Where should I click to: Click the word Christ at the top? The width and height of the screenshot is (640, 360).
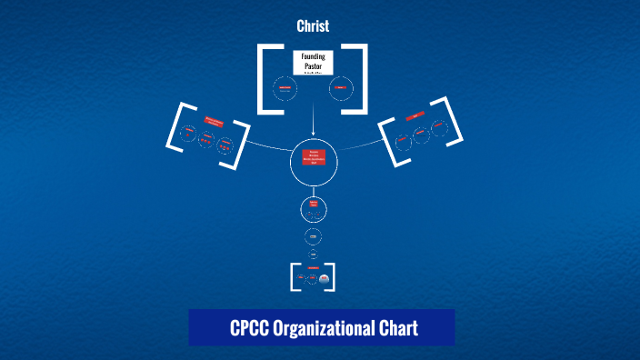pos(313,26)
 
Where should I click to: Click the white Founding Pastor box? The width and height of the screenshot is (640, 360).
pos(313,62)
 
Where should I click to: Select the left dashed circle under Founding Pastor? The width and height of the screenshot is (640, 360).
pos(285,88)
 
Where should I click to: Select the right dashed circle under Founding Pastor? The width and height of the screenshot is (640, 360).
pos(340,87)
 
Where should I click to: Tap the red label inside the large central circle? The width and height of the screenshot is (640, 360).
pos(313,156)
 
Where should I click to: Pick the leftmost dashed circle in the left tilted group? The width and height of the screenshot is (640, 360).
pos(187,133)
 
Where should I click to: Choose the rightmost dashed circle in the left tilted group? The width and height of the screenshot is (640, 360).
pos(225,146)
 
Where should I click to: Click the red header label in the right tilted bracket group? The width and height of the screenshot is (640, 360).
pos(416,116)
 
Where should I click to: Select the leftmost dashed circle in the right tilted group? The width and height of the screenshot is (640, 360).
pos(402,140)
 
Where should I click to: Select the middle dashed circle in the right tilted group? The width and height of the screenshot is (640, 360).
pos(420,134)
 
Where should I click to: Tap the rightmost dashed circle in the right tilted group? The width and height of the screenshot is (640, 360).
pos(439,127)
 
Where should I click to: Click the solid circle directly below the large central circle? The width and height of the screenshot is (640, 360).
pos(313,208)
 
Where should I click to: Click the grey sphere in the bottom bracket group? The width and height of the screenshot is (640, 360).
pos(324,279)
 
